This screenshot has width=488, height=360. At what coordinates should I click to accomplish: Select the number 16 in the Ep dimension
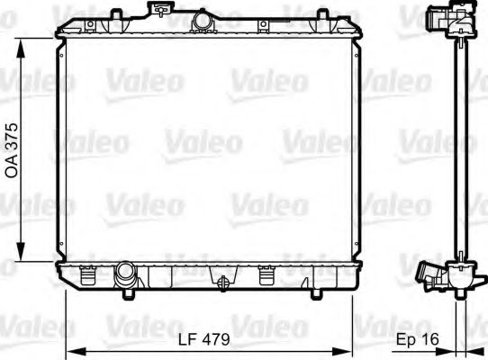tap(434, 341)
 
